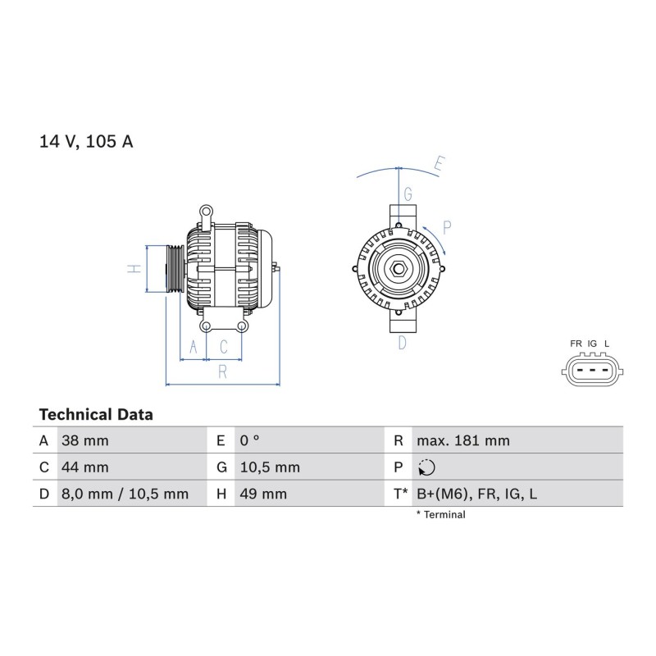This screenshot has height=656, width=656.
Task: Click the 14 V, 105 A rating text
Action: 86,142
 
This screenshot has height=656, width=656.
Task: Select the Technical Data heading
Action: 96,415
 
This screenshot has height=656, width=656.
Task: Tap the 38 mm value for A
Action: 85,440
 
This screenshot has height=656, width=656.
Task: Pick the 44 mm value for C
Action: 85,467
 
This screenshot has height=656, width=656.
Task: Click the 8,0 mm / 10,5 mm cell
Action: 125,494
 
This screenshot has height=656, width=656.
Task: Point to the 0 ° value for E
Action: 250,440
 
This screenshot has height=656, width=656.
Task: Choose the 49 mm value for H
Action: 263,494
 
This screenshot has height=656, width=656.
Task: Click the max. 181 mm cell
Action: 463,440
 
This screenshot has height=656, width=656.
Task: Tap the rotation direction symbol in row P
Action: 426,467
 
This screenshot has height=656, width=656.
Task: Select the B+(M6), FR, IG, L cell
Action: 476,494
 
